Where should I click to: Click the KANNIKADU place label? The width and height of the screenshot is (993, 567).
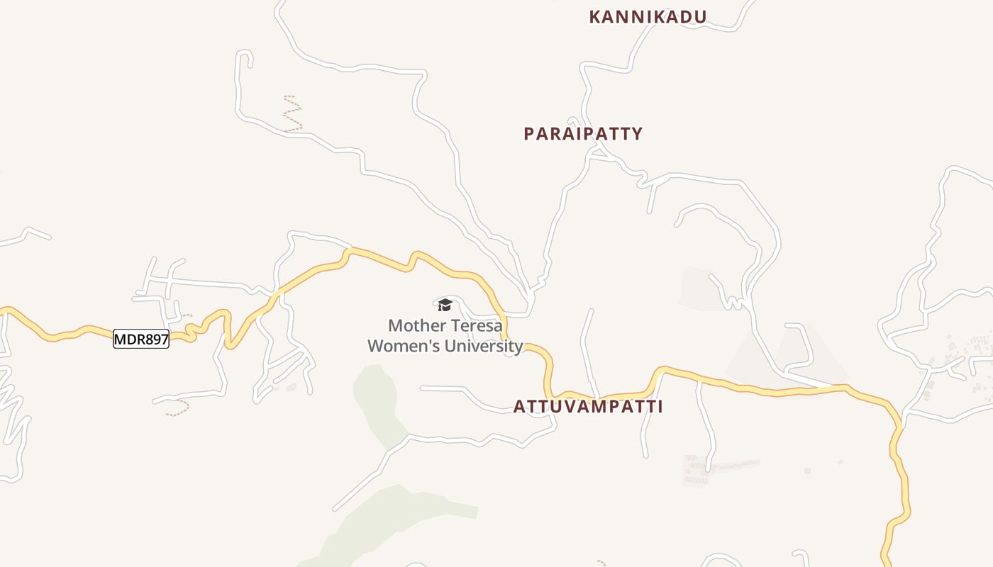pyautogui.click(x=648, y=17)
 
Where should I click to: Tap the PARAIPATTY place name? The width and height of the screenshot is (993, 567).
pyautogui.click(x=583, y=133)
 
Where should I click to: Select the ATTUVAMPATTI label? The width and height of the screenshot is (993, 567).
pyautogui.click(x=588, y=407)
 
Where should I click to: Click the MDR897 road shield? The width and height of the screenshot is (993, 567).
pyautogui.click(x=141, y=339)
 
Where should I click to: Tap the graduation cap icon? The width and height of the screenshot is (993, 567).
pyautogui.click(x=445, y=305)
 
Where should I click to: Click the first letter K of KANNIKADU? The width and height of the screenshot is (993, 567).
pyautogui.click(x=594, y=17)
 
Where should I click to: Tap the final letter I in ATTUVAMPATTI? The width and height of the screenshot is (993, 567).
pyautogui.click(x=660, y=407)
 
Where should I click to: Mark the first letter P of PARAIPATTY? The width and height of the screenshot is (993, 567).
pyautogui.click(x=528, y=133)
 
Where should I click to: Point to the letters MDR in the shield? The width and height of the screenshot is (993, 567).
pyautogui.click(x=128, y=339)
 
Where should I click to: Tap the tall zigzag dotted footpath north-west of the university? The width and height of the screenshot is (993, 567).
pyautogui.click(x=292, y=113)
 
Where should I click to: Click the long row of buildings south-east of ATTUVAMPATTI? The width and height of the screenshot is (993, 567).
pyautogui.click(x=734, y=465)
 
